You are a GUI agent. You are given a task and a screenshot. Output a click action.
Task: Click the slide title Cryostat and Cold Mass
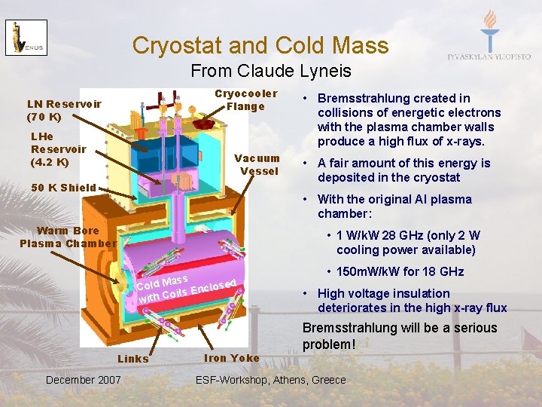click(x=260, y=45)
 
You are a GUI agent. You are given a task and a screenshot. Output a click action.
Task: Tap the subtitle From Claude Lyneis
click(x=270, y=71)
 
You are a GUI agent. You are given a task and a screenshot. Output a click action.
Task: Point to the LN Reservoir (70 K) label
click(x=64, y=110)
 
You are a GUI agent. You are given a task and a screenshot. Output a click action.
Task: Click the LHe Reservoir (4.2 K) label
click(x=57, y=149)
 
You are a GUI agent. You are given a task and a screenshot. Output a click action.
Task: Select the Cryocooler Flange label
click(x=245, y=99)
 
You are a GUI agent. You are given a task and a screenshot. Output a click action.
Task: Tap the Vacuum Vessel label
click(x=257, y=164)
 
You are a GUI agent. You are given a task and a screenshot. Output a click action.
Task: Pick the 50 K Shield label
click(x=63, y=188)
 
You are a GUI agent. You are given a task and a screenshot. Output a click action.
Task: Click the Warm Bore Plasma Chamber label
click(x=68, y=237)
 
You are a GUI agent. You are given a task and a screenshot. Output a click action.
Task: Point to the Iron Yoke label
click(x=231, y=358)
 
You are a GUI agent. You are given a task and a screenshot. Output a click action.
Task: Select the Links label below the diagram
click(x=133, y=359)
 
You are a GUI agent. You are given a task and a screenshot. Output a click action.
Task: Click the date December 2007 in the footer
click(x=83, y=380)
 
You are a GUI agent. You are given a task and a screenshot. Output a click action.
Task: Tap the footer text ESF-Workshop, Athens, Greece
click(x=270, y=380)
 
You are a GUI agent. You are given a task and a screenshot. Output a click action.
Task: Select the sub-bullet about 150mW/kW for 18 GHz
click(x=400, y=272)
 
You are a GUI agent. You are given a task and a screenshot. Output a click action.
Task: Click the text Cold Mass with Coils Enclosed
click(x=187, y=289)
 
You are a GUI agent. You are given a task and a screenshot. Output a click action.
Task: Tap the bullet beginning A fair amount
click(x=403, y=170)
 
